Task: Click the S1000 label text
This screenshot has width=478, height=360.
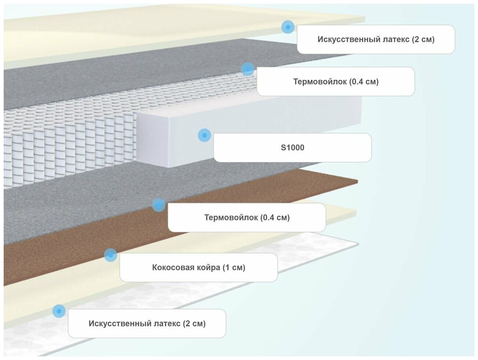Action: (x=292, y=148)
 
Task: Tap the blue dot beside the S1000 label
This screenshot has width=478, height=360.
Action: (x=205, y=135)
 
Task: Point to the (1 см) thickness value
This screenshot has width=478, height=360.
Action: (x=234, y=267)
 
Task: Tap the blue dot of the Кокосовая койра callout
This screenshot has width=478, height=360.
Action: (x=110, y=255)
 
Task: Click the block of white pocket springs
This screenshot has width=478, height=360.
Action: (x=66, y=146)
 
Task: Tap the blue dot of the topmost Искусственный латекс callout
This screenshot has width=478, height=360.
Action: (x=288, y=27)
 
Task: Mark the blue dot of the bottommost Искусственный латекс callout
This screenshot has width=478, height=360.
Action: (x=59, y=311)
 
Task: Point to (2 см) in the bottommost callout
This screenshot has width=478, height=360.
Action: (x=194, y=324)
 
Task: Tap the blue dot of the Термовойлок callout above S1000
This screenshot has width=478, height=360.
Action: (x=248, y=69)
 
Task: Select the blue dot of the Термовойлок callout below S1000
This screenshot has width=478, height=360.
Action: (x=158, y=205)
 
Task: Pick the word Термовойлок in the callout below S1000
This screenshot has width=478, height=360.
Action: (x=231, y=218)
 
